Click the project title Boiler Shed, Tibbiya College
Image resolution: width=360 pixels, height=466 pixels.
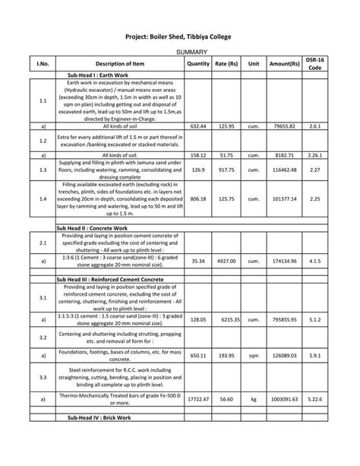(179, 37)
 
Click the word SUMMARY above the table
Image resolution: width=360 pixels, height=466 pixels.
(180, 51)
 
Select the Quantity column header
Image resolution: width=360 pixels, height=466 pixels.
(197, 64)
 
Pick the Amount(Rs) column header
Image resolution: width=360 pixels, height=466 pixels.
(283, 64)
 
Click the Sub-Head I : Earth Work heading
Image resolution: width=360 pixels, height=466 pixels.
(100, 76)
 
